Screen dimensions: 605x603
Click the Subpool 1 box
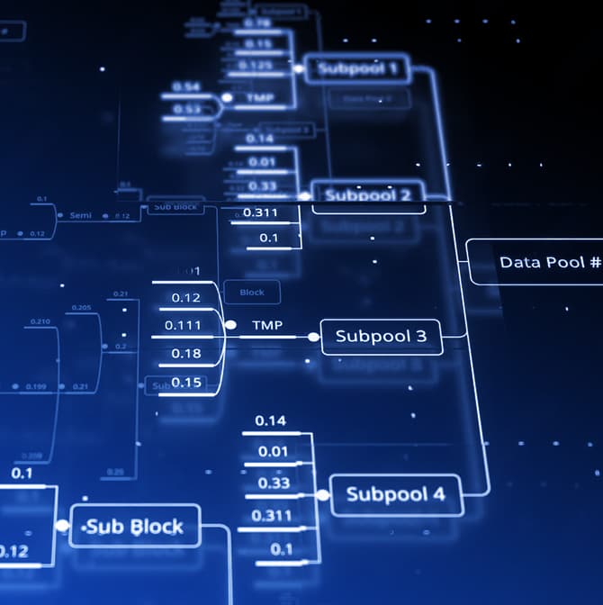356,68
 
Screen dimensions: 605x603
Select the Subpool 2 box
367,195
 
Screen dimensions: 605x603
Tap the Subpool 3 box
381,337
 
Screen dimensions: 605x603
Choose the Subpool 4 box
395,494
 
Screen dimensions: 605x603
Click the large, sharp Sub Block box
134,527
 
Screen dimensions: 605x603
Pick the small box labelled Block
252,292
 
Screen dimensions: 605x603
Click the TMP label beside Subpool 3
267,324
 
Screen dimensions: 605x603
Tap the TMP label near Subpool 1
260,97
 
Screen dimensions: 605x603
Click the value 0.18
186,353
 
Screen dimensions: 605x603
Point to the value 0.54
185,86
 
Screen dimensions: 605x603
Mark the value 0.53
187,109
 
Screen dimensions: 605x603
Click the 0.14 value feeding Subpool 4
270,420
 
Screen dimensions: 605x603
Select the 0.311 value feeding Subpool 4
271,516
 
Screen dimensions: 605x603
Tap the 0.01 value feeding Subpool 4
273,452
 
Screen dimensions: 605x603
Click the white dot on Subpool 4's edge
323,494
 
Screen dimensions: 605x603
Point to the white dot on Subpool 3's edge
313,337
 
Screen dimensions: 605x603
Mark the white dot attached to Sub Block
62,526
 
